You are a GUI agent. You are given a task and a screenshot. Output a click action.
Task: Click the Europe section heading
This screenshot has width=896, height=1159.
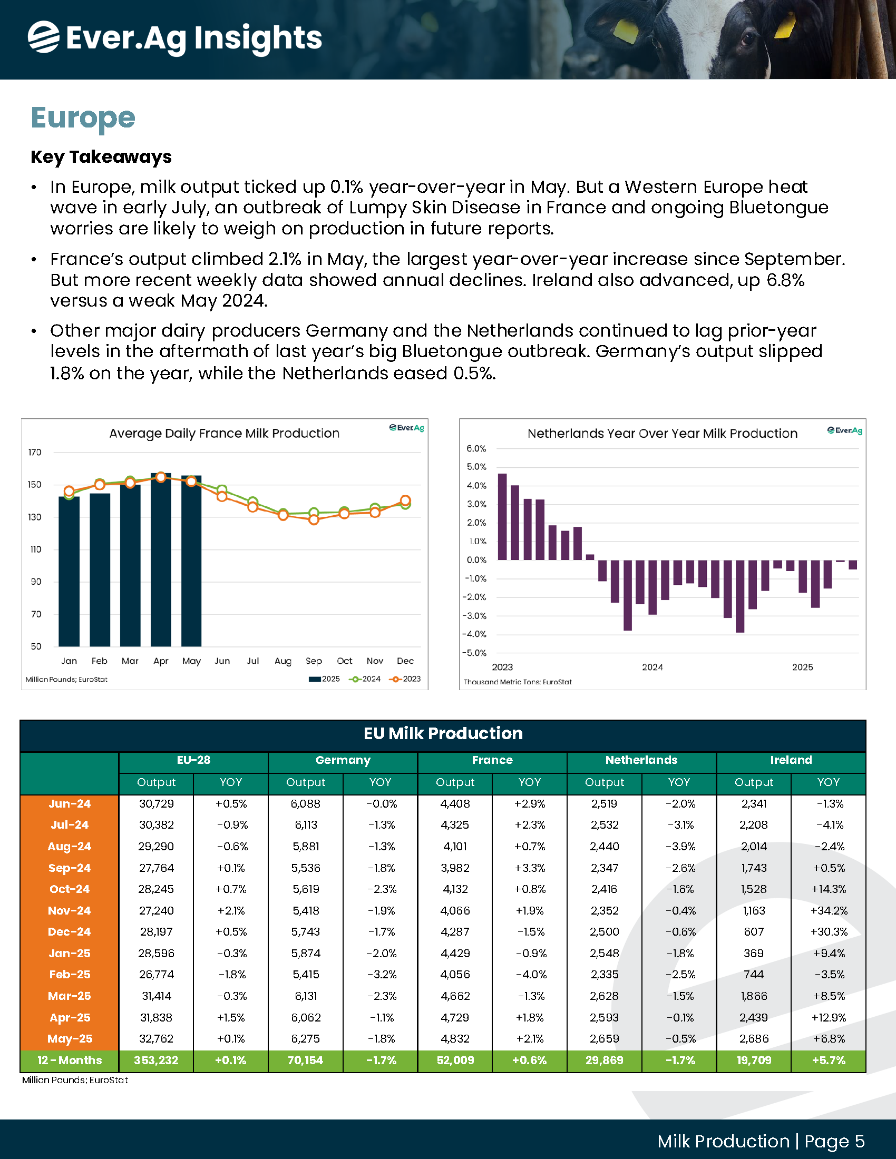click(83, 118)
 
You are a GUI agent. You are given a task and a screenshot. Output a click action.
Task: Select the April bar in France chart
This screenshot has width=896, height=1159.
click(161, 560)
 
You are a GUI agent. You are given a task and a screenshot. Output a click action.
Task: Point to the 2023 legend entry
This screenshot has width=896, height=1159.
click(405, 679)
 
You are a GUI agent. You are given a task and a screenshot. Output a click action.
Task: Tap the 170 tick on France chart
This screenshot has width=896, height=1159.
click(35, 452)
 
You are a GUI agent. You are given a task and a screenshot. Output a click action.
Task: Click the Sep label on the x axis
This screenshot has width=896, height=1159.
click(314, 661)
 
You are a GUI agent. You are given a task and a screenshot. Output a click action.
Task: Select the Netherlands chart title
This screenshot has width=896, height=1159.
click(662, 433)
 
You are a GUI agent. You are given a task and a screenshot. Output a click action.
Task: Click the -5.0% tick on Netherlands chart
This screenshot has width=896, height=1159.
click(476, 653)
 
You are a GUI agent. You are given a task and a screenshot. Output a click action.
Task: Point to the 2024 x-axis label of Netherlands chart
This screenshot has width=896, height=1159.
click(652, 667)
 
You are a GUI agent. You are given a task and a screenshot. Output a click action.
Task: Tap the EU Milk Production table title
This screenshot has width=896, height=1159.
click(443, 733)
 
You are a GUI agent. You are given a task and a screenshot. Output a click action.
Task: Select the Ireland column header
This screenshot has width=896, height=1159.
click(791, 760)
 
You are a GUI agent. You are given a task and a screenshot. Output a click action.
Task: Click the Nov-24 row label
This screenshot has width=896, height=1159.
click(70, 911)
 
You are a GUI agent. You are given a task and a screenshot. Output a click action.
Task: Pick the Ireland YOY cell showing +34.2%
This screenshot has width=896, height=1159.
click(829, 911)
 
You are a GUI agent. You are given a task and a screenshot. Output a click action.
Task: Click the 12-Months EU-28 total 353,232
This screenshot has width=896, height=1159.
click(156, 1060)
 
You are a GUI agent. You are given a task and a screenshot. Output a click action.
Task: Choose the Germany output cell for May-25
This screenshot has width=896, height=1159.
click(306, 1038)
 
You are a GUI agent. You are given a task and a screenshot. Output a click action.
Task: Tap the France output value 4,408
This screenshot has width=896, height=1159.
click(455, 803)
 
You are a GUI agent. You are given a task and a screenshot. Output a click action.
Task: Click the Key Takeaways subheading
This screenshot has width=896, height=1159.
click(101, 157)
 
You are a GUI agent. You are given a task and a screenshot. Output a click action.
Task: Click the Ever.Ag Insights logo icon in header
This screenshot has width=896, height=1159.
click(44, 37)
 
